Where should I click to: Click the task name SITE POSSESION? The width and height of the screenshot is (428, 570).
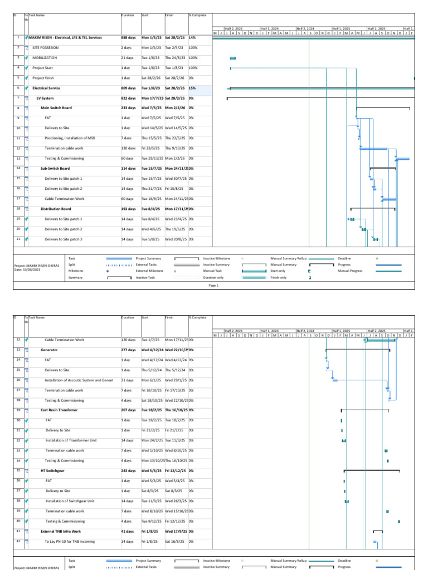tap(45, 48)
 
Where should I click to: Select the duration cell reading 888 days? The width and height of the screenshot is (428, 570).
tap(128, 38)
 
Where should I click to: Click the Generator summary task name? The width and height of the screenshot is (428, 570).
tap(49, 350)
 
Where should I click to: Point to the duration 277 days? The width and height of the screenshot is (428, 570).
tap(128, 350)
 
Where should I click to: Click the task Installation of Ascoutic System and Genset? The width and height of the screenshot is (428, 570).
tap(79, 380)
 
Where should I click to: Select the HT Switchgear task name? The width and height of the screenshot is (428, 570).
tap(52, 470)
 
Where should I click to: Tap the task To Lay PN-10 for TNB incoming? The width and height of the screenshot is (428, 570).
tap(70, 541)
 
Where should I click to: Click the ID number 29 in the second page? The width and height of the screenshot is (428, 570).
tap(18, 410)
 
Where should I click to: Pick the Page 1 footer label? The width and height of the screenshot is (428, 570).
tap(213, 285)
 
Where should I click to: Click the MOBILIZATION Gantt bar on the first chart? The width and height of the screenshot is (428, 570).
tap(233, 58)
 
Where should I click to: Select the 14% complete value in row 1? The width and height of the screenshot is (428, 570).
tap(192, 38)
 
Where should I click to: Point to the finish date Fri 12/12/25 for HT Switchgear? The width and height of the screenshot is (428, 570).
tap(176, 470)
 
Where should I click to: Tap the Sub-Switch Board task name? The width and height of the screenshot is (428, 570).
tap(55, 168)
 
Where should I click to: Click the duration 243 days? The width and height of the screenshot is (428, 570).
tap(128, 470)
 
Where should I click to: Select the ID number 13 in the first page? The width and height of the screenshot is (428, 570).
tap(18, 158)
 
